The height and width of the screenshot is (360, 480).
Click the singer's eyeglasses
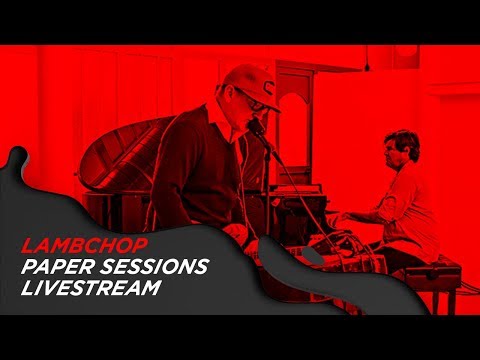[252, 100]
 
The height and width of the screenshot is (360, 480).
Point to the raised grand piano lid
[120, 150]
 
